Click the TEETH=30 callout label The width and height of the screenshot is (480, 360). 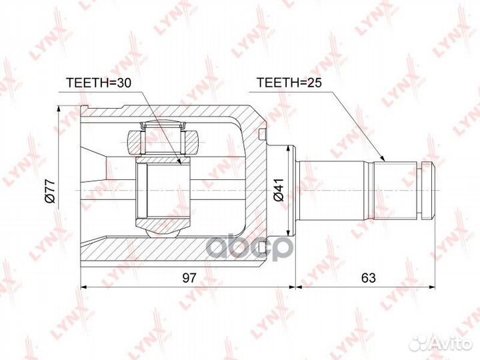(99, 83)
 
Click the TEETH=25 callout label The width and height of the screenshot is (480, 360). (289, 83)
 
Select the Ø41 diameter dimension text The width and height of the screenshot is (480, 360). (279, 190)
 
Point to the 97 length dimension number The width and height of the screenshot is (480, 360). (189, 277)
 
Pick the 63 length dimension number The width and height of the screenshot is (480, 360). (368, 277)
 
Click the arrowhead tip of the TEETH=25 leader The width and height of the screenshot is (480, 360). (385, 161)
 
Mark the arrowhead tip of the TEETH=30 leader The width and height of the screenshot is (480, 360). (181, 165)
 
